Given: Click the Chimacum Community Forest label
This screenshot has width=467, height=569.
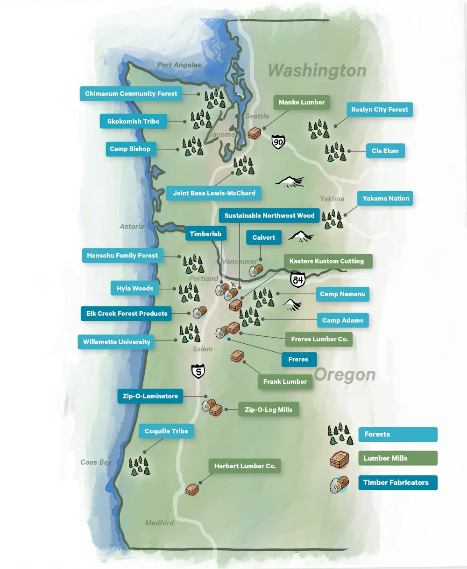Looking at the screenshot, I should pos(131,94).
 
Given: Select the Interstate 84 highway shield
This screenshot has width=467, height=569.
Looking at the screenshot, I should pos(297,280).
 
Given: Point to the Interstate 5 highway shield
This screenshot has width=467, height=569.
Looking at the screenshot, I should pos(198,371).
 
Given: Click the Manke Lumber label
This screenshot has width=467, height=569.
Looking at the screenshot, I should pos(302,103).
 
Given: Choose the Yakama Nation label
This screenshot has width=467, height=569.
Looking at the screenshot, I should pos(386,199).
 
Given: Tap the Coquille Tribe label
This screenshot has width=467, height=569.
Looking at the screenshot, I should pos(166,431).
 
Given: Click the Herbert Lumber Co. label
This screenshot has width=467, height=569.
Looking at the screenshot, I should pos(245,466).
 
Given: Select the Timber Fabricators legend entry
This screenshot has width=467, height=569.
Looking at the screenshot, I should pos(397,483).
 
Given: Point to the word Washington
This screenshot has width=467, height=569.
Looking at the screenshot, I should pos(317,71).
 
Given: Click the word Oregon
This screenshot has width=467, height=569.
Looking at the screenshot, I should pos(345,375).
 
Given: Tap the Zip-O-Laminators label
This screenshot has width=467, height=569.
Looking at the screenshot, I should pos(150,396).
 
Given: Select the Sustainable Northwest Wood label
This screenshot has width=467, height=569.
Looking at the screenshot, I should pos(269,216).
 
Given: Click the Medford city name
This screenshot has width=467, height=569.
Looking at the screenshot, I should pos(159,523).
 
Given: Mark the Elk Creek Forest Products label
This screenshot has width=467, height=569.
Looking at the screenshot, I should pos(127,314).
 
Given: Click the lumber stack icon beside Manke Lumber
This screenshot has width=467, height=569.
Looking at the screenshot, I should pos(255,133).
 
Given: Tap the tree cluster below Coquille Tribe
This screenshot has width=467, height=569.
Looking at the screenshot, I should pos(139,466).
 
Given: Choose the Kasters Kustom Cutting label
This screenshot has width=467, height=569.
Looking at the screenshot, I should pos(326,261).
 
